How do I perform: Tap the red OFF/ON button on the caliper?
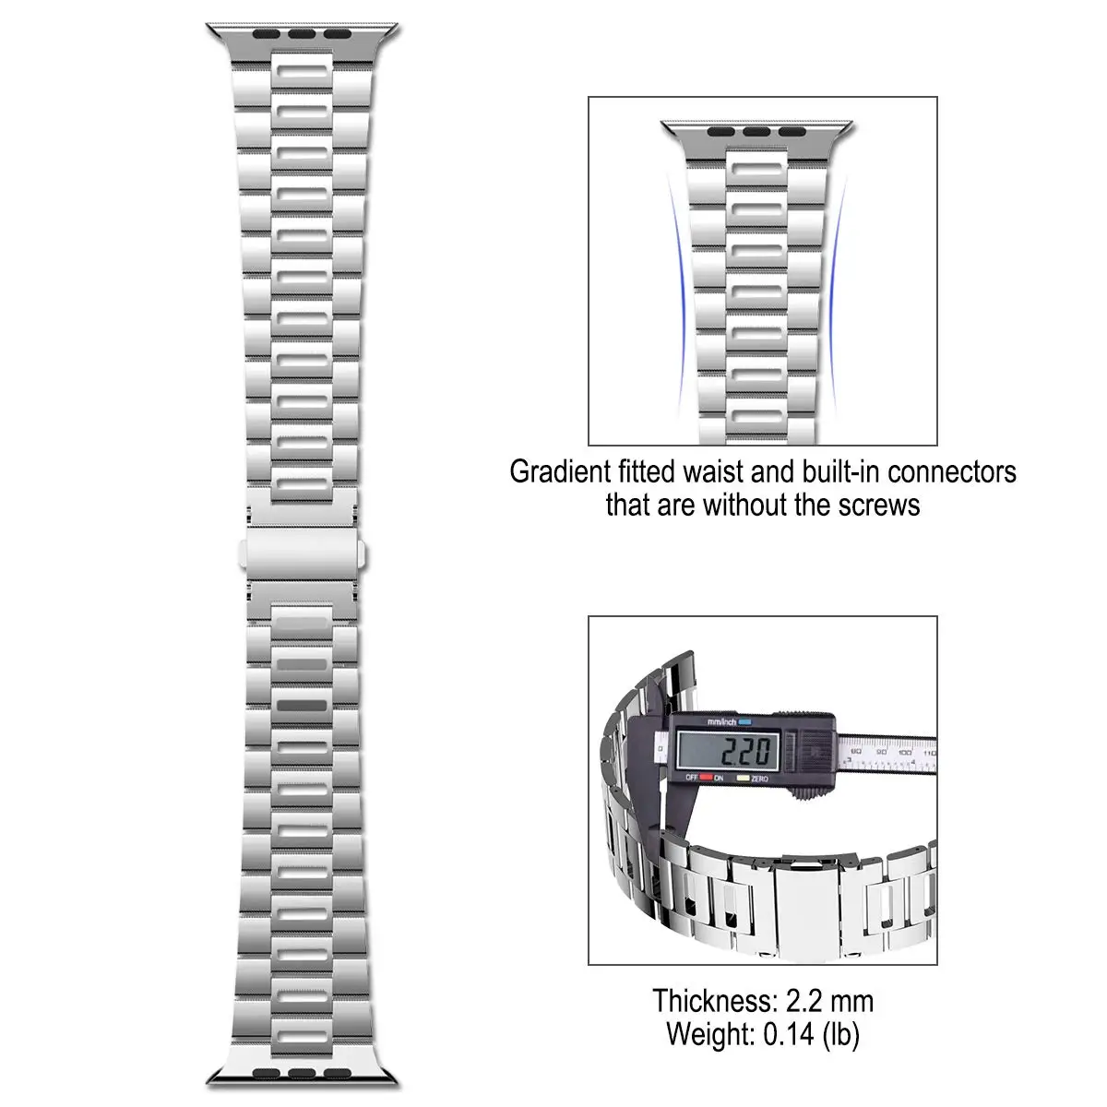tap(707, 778)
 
